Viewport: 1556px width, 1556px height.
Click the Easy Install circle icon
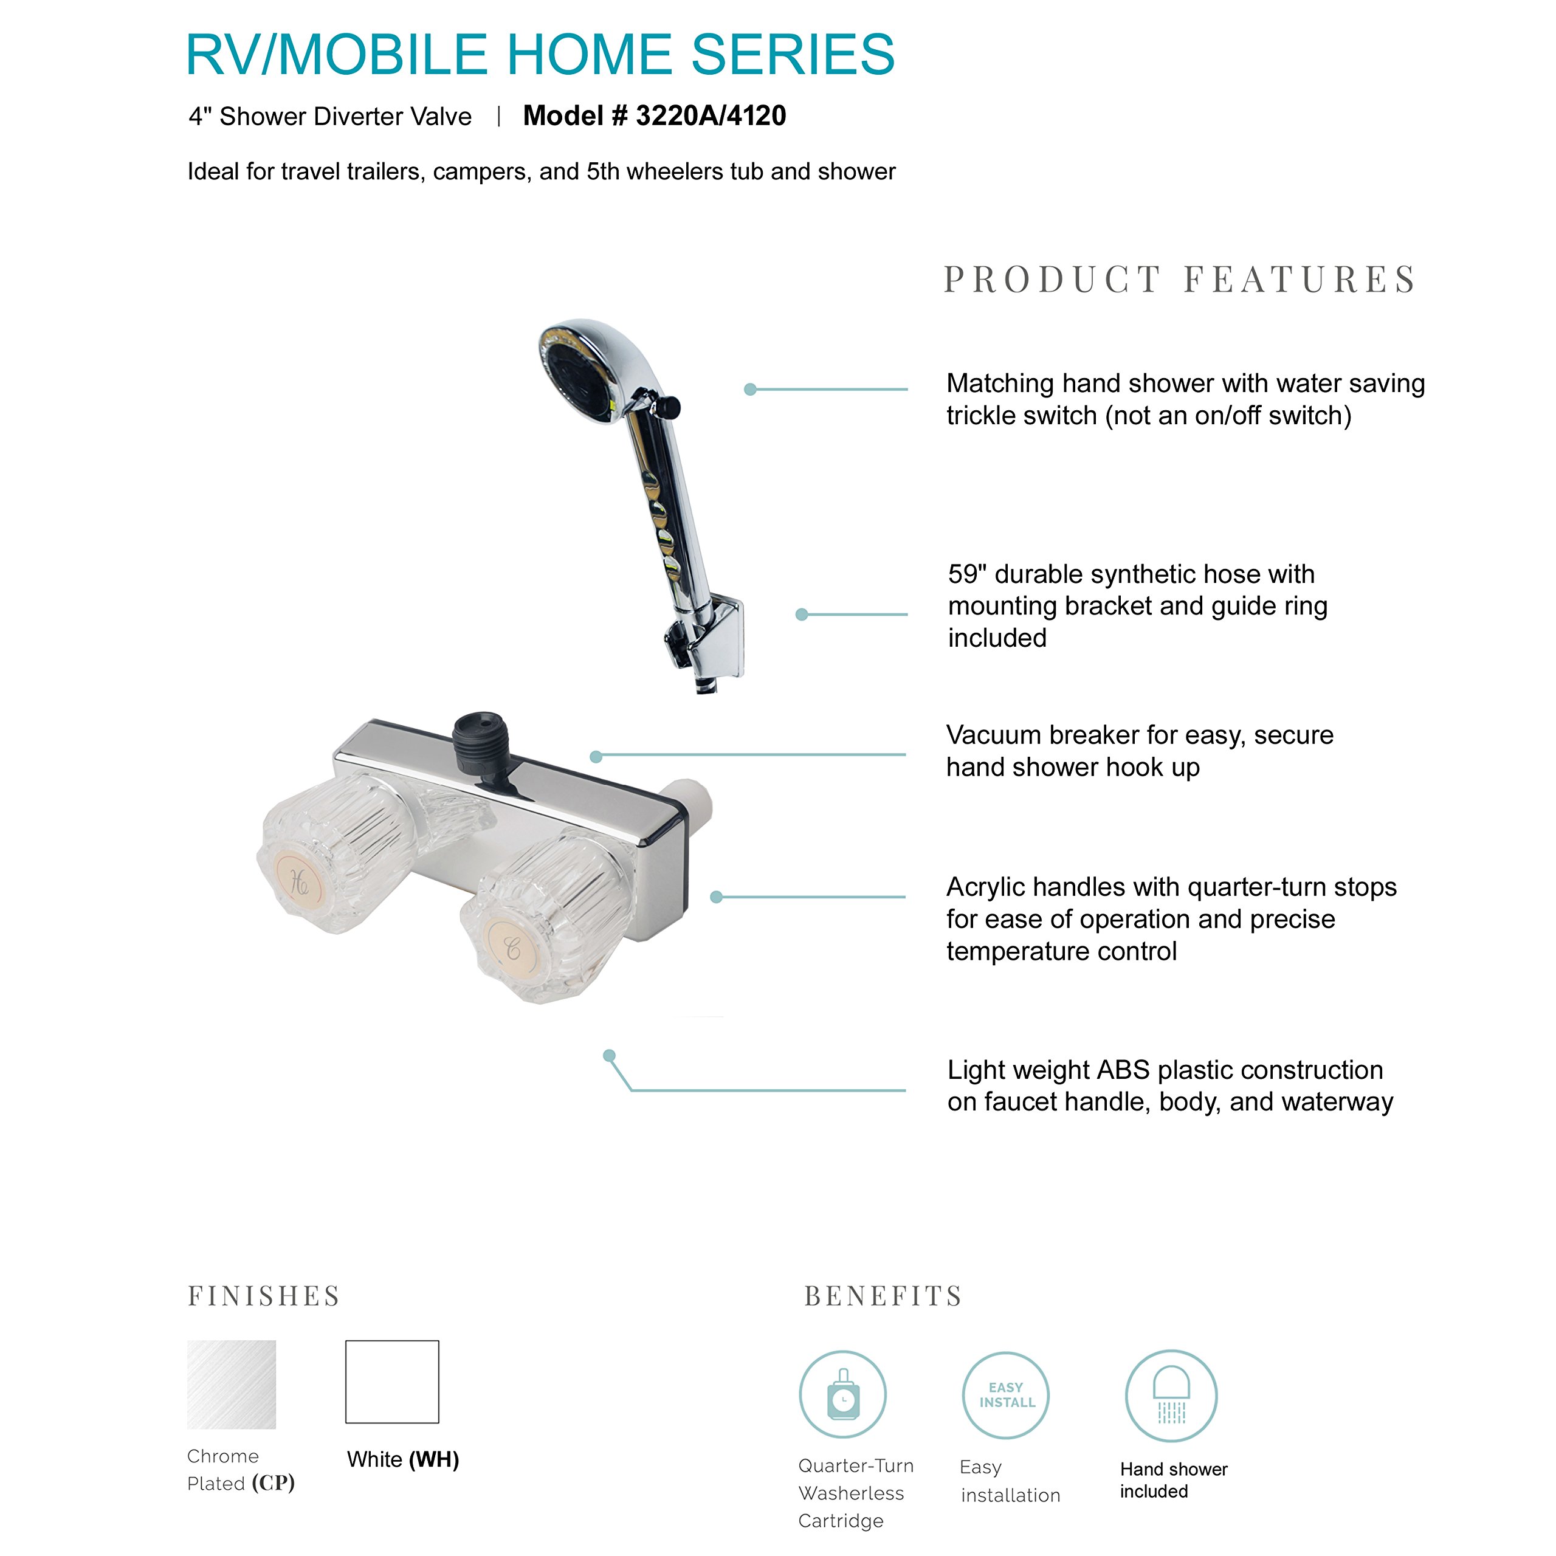point(1006,1395)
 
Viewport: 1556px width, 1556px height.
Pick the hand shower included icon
point(1171,1395)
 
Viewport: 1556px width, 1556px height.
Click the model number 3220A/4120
point(711,116)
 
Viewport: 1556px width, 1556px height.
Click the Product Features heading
point(1179,280)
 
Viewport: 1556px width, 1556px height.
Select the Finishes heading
point(264,1295)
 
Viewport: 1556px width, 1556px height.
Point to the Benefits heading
point(884,1295)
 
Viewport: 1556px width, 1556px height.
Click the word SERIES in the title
point(793,55)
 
